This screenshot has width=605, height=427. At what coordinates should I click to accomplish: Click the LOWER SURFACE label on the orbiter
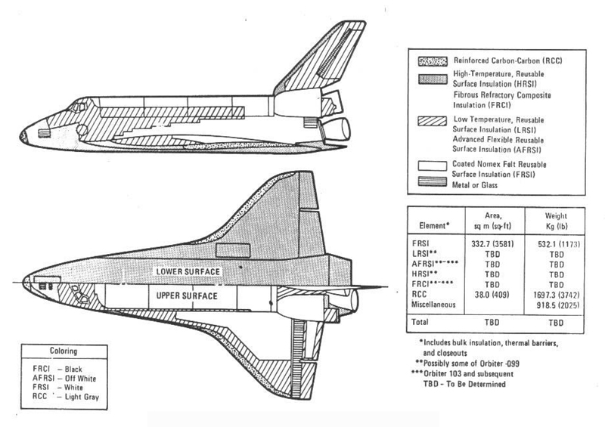point(195,270)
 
